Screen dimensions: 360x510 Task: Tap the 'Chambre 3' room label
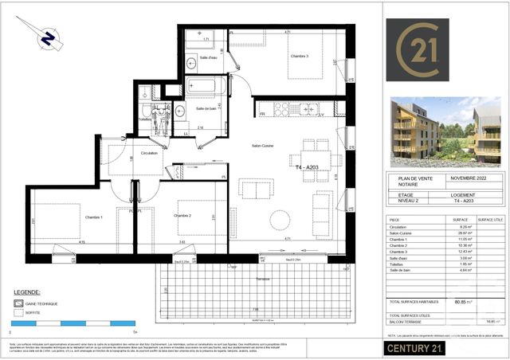coord(278,56)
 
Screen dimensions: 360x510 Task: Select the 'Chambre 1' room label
coord(73,216)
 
